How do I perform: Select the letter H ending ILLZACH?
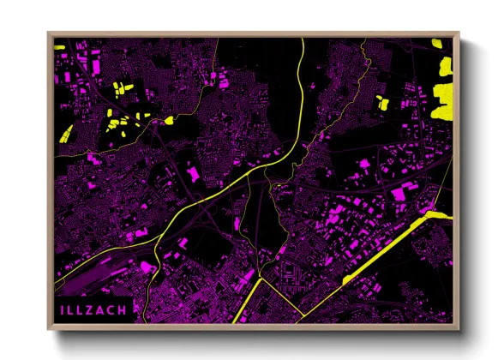[123, 309]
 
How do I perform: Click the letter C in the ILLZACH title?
[112, 309]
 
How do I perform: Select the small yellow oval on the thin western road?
[169, 121]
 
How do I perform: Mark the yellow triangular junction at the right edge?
[434, 213]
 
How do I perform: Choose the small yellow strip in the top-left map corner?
[59, 46]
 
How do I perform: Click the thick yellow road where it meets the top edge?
[303, 43]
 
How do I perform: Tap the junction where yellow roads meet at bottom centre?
[258, 279]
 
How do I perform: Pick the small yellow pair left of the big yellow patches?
[383, 102]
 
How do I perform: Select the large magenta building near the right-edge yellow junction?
[399, 195]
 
